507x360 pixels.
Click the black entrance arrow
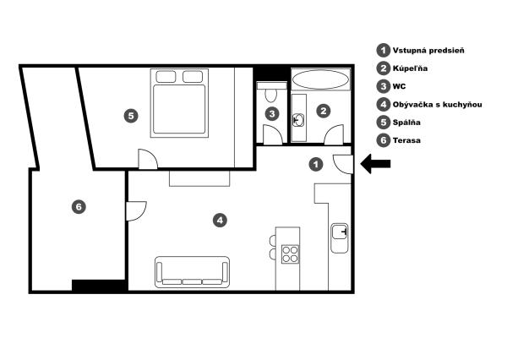pos(375,164)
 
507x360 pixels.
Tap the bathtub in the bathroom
pos(321,79)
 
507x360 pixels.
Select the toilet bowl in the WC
pos(270,95)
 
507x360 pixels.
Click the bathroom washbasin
pos(298,120)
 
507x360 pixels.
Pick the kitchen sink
pos(340,238)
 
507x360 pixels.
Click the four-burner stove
pos(290,254)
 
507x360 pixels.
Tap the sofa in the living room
pos(192,272)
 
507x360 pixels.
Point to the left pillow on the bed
pos(166,77)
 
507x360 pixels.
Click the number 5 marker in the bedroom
pos(131,116)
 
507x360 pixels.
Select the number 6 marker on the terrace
pos(79,206)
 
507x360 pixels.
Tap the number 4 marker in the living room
pos(220,221)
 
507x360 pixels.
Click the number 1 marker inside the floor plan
pos(316,164)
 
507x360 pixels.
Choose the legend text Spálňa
pos(406,123)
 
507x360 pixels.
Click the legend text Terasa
pos(406,140)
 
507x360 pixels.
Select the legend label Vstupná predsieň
pos(428,51)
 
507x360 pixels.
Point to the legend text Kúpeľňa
pos(410,68)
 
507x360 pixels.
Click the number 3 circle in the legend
pos(384,86)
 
